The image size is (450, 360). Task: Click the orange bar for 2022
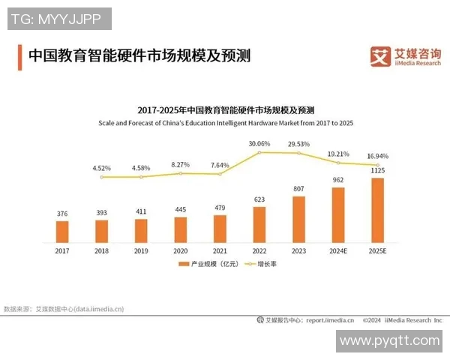coord(259,223)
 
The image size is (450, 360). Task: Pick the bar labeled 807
coord(298,218)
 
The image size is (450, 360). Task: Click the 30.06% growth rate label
coord(259,143)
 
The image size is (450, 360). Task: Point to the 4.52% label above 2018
coord(102,168)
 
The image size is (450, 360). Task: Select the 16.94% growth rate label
coord(376,157)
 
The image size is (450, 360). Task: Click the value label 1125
coord(377,171)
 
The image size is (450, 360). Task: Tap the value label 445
coord(181,209)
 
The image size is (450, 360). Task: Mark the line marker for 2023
coord(298,154)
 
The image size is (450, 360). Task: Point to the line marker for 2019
coord(141,176)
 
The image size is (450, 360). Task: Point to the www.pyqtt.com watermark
coord(389,341)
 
